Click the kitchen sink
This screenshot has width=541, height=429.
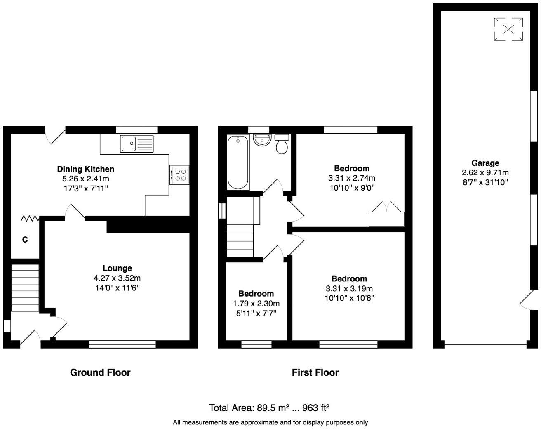coord(136,144)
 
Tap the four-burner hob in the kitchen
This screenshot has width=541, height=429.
coord(179,174)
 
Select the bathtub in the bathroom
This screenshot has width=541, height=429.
coord(238,163)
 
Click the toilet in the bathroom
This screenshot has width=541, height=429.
coord(282,144)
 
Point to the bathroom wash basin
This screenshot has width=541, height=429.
coord(261,140)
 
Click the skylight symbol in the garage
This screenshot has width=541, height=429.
coord(509,29)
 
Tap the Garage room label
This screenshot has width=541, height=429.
coord(485,163)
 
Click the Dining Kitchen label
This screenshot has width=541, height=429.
coord(85,169)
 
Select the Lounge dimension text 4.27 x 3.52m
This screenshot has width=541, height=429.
coord(117,278)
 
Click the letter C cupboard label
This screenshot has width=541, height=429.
coord(25,240)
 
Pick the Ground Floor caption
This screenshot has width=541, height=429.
coord(100,373)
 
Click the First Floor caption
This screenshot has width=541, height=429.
coord(315,373)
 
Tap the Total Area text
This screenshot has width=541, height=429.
coord(269,408)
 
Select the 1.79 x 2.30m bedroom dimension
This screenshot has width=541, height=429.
coord(256,304)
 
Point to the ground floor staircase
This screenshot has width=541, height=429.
coord(25,288)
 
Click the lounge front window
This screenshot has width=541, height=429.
coord(122,344)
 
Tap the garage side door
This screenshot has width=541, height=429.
coord(527,300)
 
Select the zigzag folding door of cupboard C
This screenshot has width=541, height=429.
coord(30,218)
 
